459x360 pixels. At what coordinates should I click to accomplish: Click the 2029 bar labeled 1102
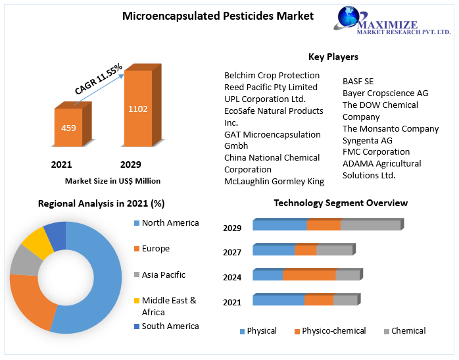pos(138,108)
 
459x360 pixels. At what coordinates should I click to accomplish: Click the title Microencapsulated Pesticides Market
pos(218,16)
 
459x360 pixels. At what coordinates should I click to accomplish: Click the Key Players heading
pos(333,57)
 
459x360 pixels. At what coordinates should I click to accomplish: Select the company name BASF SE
pos(358,82)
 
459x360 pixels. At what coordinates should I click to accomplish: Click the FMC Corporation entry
pos(375,151)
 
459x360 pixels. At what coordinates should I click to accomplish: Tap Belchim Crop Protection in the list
pos(272,75)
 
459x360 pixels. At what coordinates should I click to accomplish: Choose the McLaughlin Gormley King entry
pos(274,181)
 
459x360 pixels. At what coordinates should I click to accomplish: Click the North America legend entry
pos(170,222)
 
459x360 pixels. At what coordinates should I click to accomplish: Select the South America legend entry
pos(170,326)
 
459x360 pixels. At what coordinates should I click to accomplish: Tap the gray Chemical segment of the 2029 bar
pos(370,225)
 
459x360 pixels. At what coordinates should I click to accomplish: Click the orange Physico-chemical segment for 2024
pos(309,275)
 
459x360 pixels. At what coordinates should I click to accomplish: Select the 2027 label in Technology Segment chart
pos(232,252)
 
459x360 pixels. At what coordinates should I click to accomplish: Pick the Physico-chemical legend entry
pos(333,331)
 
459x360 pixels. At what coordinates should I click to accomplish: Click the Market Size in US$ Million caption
pos(112,180)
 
